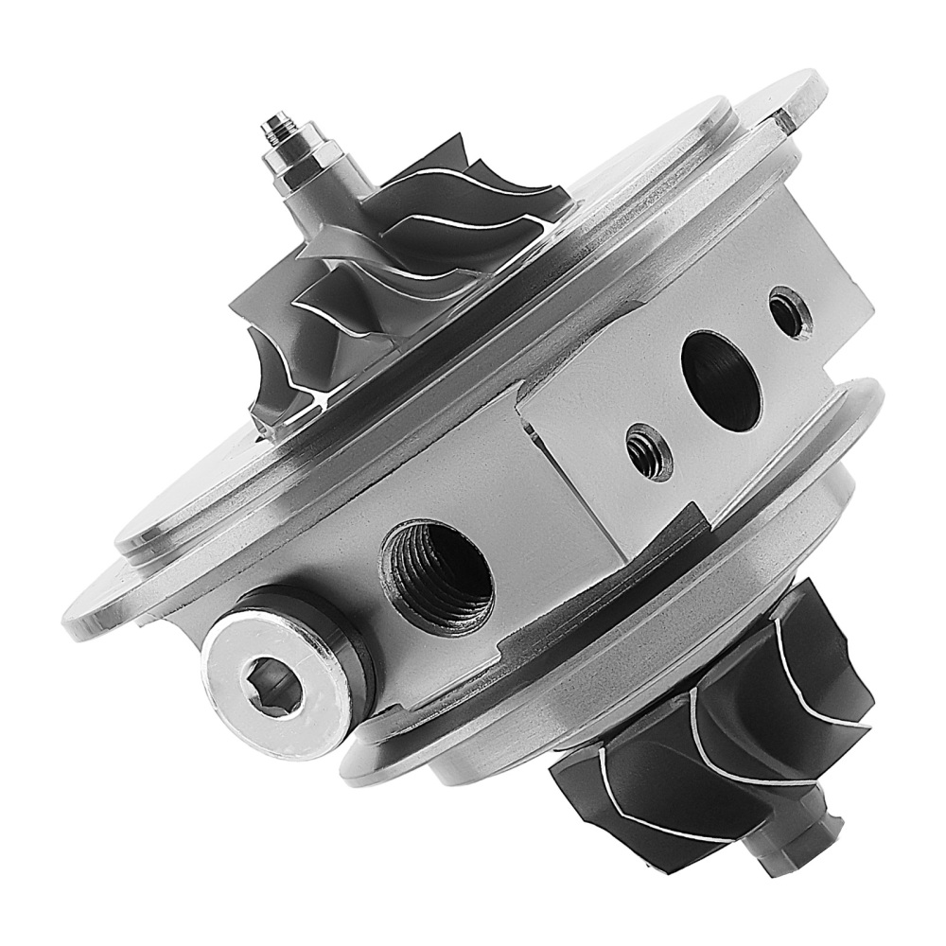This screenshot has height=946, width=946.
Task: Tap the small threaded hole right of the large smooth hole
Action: pos(790,312)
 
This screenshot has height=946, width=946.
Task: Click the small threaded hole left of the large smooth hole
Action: pos(649,451)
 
